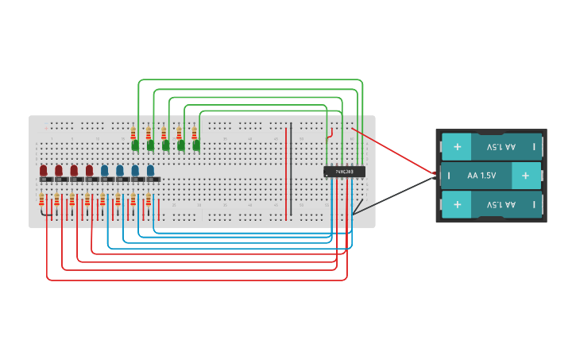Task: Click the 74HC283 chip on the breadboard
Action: [344, 171]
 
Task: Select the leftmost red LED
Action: [44, 170]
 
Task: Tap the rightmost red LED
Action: [89, 170]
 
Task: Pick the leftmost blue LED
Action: [104, 170]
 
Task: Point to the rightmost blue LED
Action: [150, 170]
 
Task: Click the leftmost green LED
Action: [135, 145]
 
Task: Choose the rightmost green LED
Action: [196, 145]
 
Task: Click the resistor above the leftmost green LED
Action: [134, 132]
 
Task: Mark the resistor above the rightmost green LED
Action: [195, 132]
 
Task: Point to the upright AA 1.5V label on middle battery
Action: [481, 176]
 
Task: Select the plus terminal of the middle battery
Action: [525, 176]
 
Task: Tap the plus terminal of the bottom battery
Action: [457, 205]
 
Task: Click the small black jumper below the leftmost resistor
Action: [49, 215]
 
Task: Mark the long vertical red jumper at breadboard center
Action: [287, 171]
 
